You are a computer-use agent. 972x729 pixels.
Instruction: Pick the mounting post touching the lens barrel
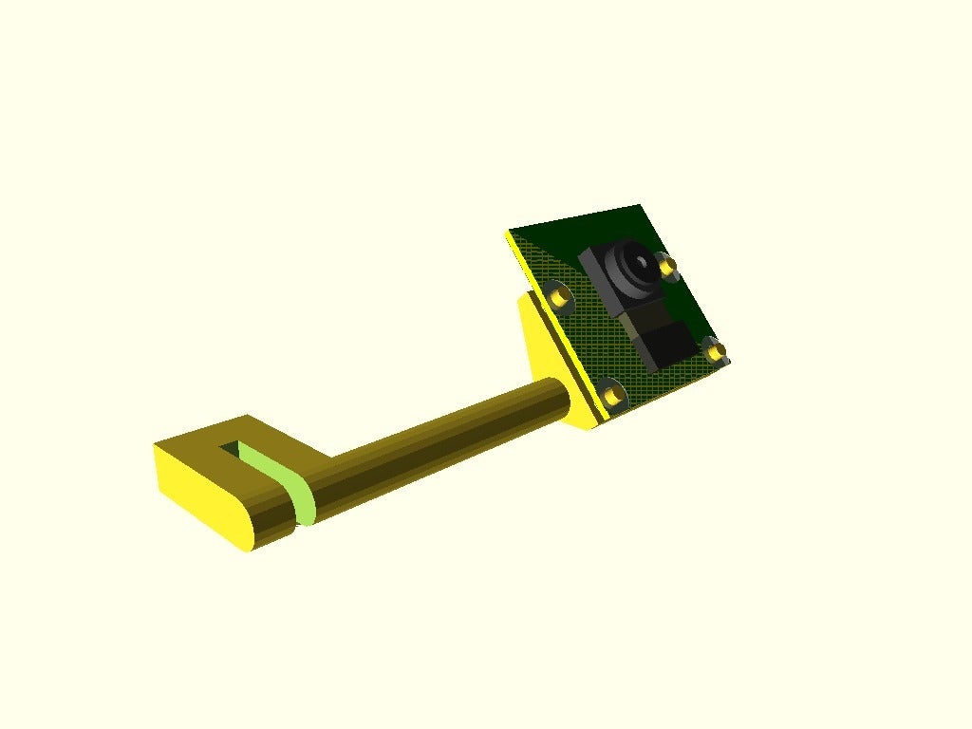[x=668, y=268]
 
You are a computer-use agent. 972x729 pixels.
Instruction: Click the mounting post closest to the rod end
[x=612, y=390]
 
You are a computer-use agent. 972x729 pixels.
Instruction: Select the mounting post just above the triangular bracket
[x=561, y=297]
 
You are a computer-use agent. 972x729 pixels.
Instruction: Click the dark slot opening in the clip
[x=231, y=445]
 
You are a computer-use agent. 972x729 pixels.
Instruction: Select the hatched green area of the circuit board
[x=607, y=342]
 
